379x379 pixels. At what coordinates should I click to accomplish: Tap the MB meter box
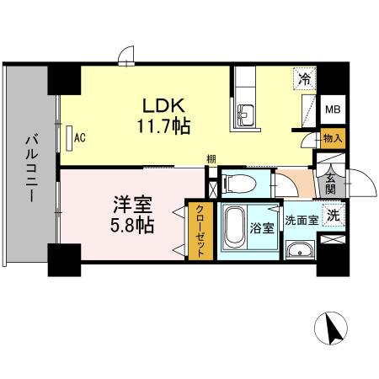tap(334, 109)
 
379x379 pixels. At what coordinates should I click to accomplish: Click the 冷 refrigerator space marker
tap(304, 79)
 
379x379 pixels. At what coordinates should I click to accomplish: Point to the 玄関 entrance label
tap(330, 183)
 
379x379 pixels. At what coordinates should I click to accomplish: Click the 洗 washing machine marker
tap(333, 216)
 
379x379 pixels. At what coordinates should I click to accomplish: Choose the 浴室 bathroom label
tap(260, 227)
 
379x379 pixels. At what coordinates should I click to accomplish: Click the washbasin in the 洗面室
tap(299, 250)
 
